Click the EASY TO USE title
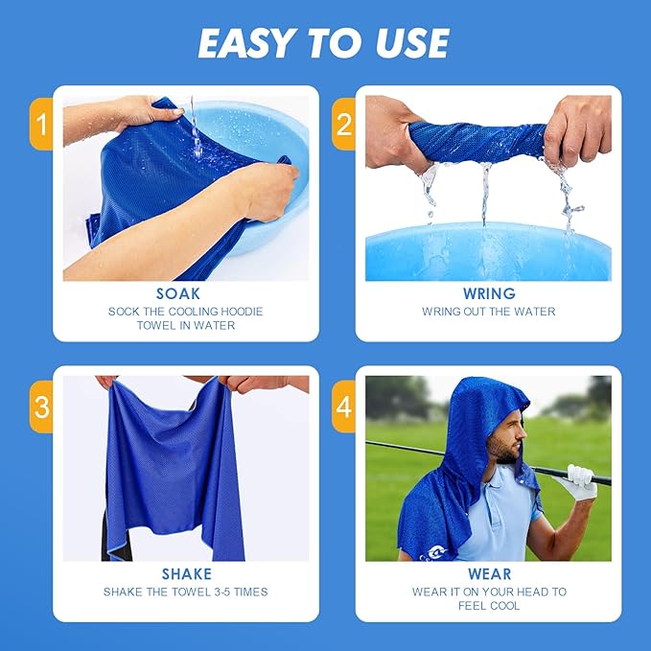pyautogui.click(x=324, y=43)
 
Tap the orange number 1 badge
pyautogui.click(x=40, y=124)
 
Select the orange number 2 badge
pyautogui.click(x=343, y=124)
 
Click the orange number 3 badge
pyautogui.click(x=40, y=407)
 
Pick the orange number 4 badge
pyautogui.click(x=343, y=407)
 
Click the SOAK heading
pyautogui.click(x=179, y=293)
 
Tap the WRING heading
pyautogui.click(x=488, y=293)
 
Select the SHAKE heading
pyautogui.click(x=186, y=574)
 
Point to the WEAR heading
pyautogui.click(x=488, y=574)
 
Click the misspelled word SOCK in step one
pyautogui.click(x=125, y=311)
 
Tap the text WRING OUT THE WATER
pyautogui.click(x=488, y=312)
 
